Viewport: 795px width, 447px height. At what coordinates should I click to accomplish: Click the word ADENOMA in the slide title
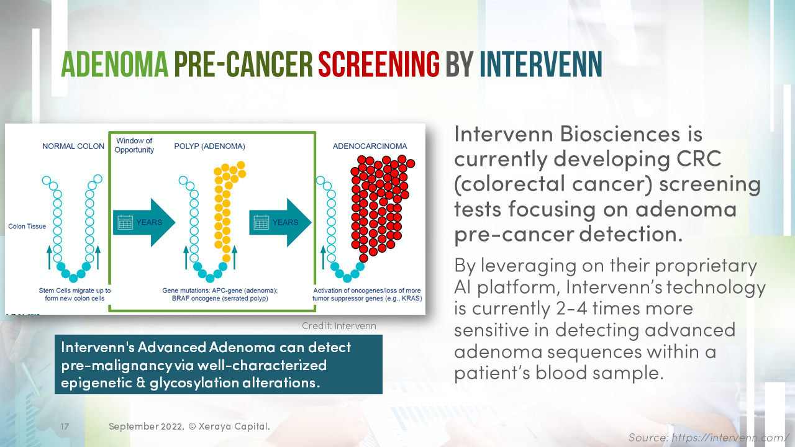(x=114, y=64)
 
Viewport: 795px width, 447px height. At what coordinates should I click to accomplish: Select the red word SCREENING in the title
(x=379, y=64)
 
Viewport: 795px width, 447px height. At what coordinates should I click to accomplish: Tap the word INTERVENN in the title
(x=540, y=64)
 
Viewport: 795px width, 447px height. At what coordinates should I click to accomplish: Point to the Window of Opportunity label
(x=135, y=145)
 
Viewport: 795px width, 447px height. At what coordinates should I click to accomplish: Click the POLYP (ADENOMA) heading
(x=209, y=147)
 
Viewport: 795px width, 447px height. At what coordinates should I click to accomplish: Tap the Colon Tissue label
(x=27, y=227)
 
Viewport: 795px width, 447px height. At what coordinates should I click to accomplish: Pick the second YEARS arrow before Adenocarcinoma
(x=281, y=222)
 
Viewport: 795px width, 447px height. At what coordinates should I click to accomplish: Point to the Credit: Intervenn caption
(x=338, y=326)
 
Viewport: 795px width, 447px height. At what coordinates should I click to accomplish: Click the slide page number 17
(x=65, y=427)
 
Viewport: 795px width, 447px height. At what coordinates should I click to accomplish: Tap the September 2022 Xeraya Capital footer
(x=189, y=427)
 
